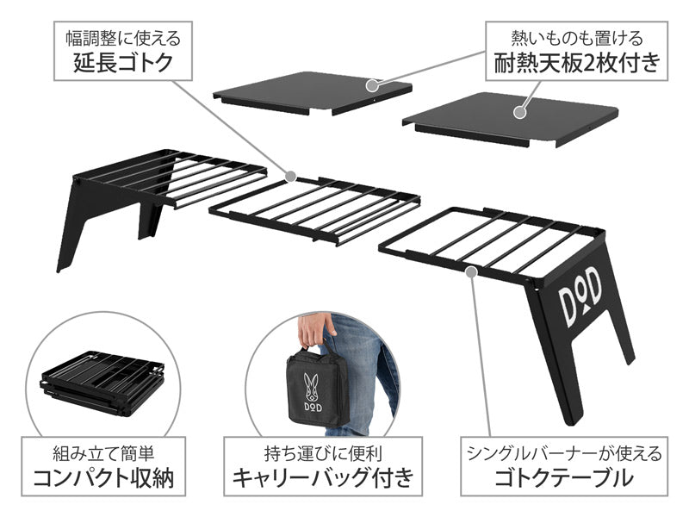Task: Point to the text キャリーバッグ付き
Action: (x=322, y=478)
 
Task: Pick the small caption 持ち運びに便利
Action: (x=322, y=452)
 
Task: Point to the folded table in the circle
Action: (x=102, y=384)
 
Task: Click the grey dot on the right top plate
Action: (x=520, y=109)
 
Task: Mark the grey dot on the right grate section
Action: (x=470, y=271)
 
